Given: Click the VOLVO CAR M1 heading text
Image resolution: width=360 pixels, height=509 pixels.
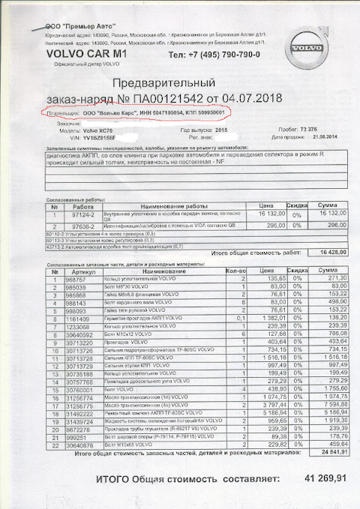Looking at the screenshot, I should (x=82, y=55).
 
